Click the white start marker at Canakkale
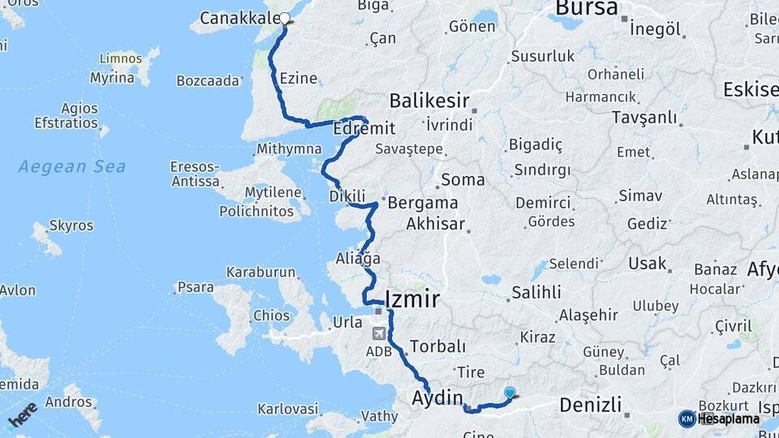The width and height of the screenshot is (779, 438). pyautogui.click(x=285, y=17)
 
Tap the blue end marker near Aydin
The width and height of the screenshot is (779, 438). pyautogui.click(x=510, y=393)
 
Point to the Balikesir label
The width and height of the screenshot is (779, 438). pyautogui.click(x=429, y=101)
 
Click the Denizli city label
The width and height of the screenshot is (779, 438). pyautogui.click(x=591, y=404)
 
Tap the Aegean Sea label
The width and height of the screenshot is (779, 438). pyautogui.click(x=72, y=167)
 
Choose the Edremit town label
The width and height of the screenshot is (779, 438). pyautogui.click(x=364, y=129)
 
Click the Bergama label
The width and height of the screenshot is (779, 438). pyautogui.click(x=423, y=203)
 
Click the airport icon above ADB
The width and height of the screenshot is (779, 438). pyautogui.click(x=379, y=333)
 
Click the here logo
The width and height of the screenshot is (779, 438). pyautogui.click(x=22, y=414)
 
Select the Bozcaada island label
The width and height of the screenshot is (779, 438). pyautogui.click(x=209, y=80)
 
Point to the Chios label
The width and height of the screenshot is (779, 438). pyautogui.click(x=271, y=316)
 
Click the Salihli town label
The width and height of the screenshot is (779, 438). pyautogui.click(x=536, y=292)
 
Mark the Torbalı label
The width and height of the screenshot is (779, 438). pyautogui.click(x=438, y=347)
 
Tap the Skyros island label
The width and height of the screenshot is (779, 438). pyautogui.click(x=71, y=225)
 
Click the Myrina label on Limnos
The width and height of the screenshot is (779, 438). pyautogui.click(x=112, y=78)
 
